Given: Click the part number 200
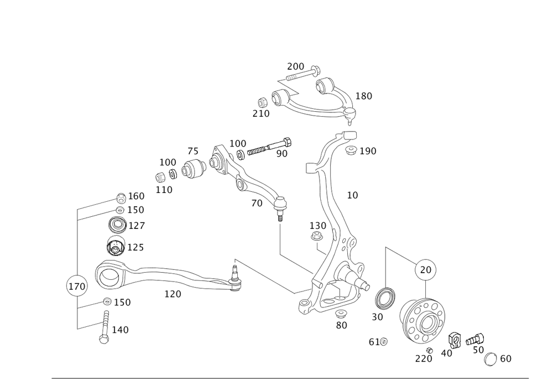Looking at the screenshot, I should pos(295,66).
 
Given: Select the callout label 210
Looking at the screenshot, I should pos(260,113).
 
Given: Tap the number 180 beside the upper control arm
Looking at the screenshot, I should pos(363,96).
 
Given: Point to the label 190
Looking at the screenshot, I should pos(368,151).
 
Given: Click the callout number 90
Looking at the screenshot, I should pos(281,153).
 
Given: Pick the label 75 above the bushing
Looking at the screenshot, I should pos(193,152).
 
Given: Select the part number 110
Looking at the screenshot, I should pos(164,190).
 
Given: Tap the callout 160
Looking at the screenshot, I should pos(136,196).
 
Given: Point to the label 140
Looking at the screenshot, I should pos(120,330).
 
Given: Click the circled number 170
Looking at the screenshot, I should pos(77,286).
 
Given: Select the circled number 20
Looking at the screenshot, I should pos(426,270).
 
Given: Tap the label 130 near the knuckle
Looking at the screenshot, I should pos(317,226).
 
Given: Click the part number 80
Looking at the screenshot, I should pos(341,325).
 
